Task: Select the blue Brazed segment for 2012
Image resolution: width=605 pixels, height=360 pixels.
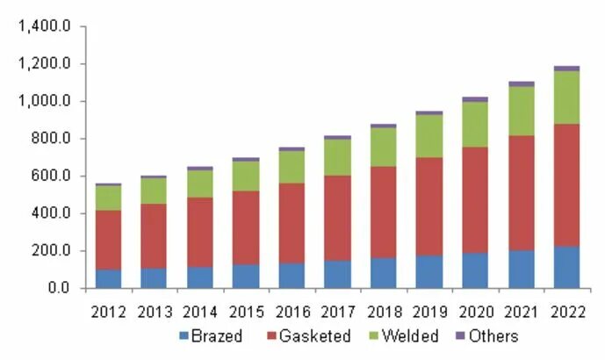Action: [109, 278]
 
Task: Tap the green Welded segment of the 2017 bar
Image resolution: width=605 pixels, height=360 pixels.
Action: [337, 156]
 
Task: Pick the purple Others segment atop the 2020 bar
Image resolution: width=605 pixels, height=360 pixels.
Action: [475, 99]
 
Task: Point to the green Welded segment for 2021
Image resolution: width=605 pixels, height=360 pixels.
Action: [521, 111]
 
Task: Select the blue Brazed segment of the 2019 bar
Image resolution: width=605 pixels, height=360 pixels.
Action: [429, 271]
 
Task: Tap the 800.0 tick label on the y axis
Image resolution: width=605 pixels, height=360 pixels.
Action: [49, 139]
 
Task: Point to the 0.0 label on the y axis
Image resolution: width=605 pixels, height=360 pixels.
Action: [57, 288]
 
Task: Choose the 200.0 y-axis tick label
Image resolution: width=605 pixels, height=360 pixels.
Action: [49, 251]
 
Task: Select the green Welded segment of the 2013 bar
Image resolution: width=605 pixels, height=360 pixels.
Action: [155, 191]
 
